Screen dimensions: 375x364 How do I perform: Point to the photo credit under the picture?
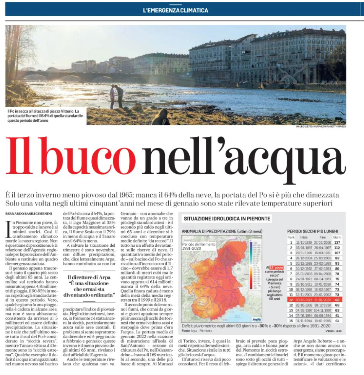click(321, 126)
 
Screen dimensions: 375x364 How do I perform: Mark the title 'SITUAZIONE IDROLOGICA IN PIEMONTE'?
click(227, 219)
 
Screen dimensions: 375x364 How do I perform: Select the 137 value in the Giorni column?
click(336, 242)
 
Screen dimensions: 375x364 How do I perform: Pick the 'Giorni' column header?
click(336, 237)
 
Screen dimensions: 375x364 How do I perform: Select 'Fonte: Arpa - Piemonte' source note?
click(199, 330)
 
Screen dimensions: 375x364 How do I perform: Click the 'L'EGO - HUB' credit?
click(334, 330)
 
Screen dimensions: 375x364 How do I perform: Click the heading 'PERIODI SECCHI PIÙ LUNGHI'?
click(313, 231)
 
